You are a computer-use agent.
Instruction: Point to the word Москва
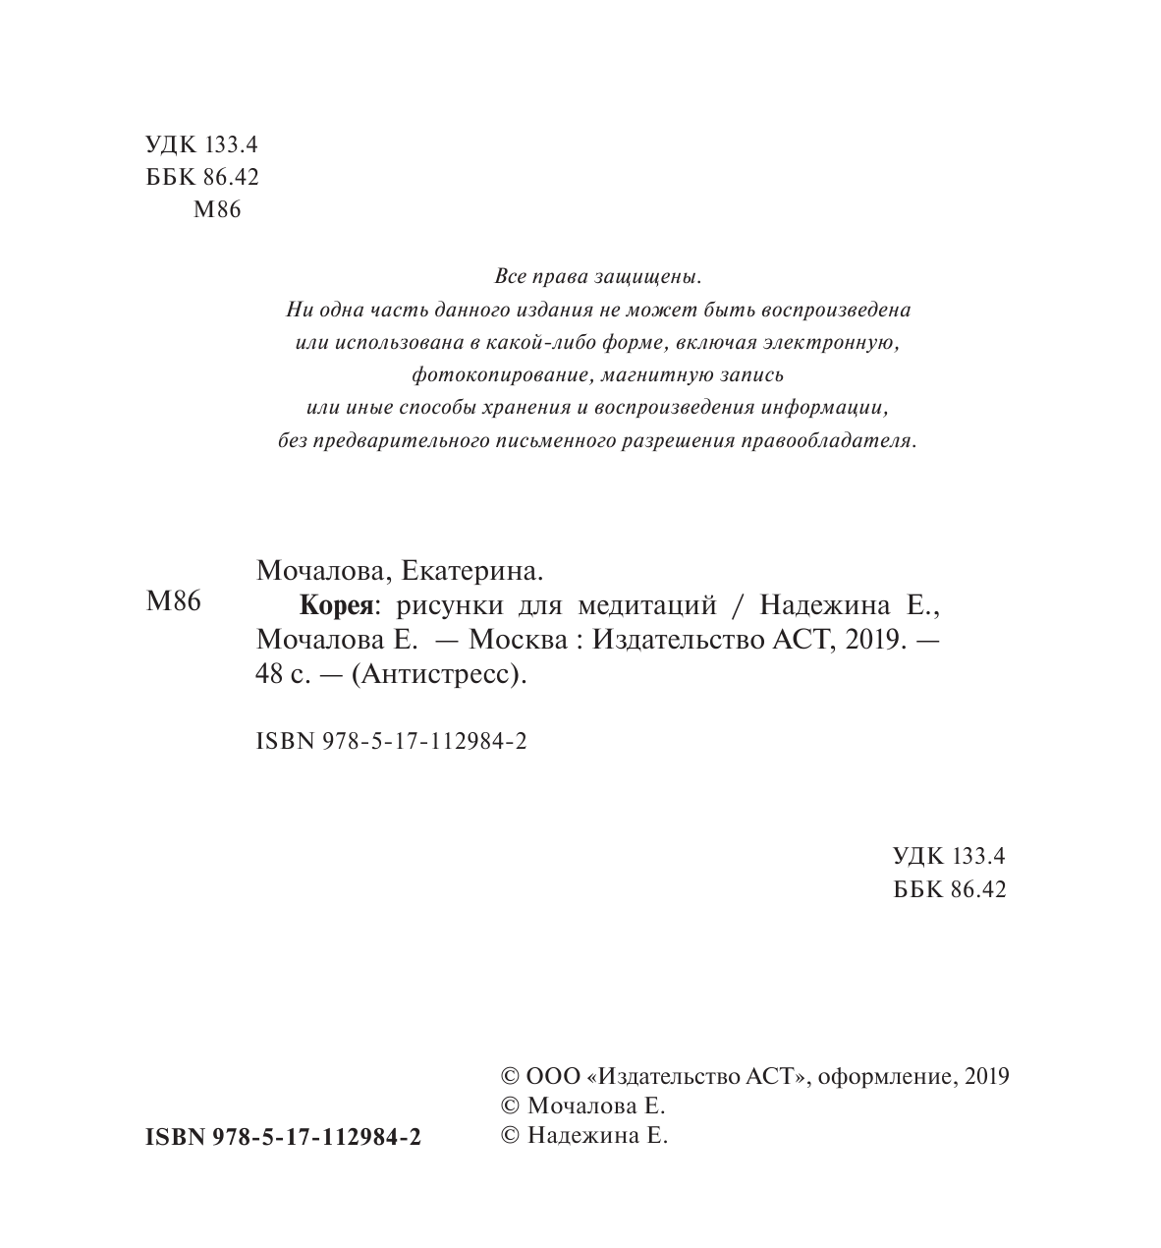(517, 641)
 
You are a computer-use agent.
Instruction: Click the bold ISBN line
(283, 1137)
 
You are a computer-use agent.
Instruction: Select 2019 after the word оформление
(986, 1075)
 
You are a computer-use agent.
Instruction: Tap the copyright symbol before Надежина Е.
(510, 1136)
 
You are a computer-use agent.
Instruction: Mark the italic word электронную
(834, 343)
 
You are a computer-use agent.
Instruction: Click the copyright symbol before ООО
(510, 1075)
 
